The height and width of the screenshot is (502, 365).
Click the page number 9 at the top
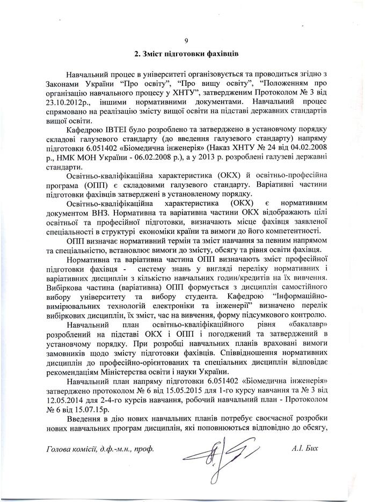186,41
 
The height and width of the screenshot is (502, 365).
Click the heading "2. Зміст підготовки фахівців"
186,54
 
